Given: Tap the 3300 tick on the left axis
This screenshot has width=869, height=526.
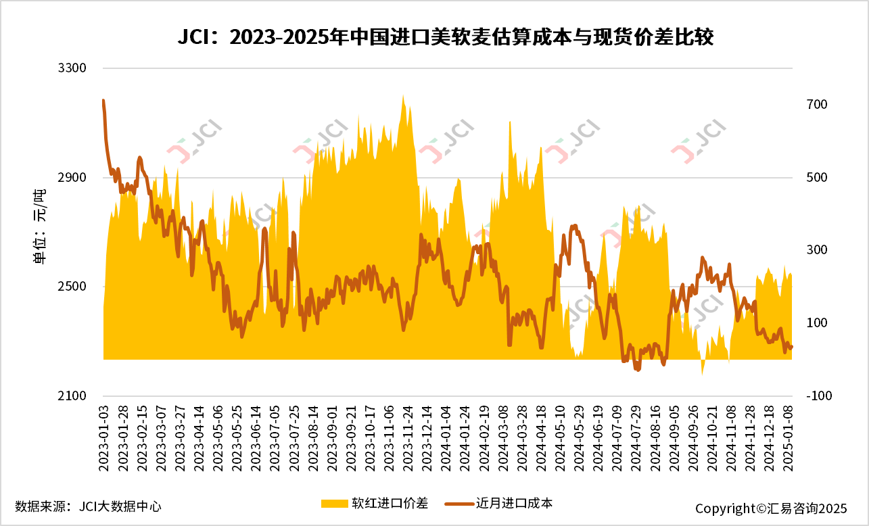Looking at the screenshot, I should tap(75, 68).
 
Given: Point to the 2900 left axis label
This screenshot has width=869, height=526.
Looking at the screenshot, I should tap(75, 178).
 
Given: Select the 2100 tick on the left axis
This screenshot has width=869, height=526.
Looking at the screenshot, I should tap(75, 396).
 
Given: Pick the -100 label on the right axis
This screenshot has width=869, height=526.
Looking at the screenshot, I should tap(817, 396).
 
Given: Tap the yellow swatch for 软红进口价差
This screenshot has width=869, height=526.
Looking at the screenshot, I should tap(333, 504).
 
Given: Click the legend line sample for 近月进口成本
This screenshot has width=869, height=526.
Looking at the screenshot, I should tap(459, 504).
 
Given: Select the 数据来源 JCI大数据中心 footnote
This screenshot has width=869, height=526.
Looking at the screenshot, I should tap(88, 506).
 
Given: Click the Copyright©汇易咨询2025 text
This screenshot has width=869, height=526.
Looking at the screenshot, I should tap(770, 508).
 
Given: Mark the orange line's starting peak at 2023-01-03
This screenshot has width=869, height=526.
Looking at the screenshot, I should tap(103, 101).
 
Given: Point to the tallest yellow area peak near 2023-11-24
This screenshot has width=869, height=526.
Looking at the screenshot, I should tap(403, 95).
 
